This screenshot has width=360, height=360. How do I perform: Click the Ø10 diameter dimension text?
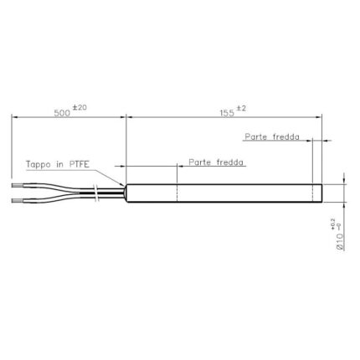click(x=339, y=241)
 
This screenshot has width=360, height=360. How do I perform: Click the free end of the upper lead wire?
click(x=14, y=184)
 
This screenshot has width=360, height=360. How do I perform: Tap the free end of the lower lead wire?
click(x=14, y=201)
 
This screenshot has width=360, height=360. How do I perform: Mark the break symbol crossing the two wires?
click(x=99, y=193)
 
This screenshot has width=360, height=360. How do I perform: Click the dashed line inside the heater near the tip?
click(x=311, y=193)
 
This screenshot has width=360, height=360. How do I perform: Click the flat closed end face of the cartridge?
click(x=323, y=193)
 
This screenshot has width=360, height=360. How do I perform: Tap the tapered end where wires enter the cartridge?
click(x=126, y=193)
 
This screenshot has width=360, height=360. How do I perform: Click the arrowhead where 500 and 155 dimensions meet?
click(x=125, y=118)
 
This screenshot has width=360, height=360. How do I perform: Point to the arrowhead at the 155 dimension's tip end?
click(x=321, y=118)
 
